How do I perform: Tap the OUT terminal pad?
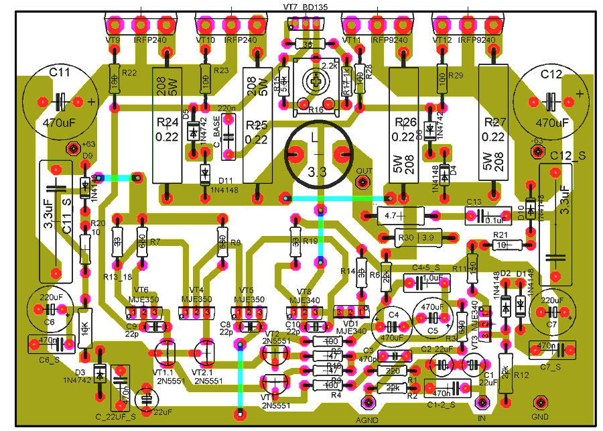point(363,182)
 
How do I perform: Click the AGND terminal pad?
point(368,402)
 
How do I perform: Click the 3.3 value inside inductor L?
point(317,172)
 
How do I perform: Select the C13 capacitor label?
point(474,202)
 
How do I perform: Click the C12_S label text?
point(568,156)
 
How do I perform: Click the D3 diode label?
point(80,372)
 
